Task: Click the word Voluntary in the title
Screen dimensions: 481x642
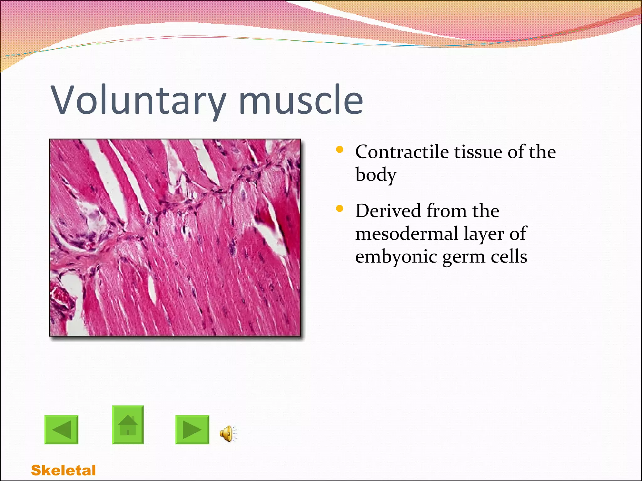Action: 138,100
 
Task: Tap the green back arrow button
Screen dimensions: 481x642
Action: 61,430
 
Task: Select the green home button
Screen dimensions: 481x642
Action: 128,425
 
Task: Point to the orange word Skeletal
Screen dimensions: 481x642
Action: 63,470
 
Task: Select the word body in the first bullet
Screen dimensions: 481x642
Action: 376,175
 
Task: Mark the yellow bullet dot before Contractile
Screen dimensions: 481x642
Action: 339,150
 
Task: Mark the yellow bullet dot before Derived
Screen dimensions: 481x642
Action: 339,209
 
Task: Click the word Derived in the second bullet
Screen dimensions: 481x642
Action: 388,210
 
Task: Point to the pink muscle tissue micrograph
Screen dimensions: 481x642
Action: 175,238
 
